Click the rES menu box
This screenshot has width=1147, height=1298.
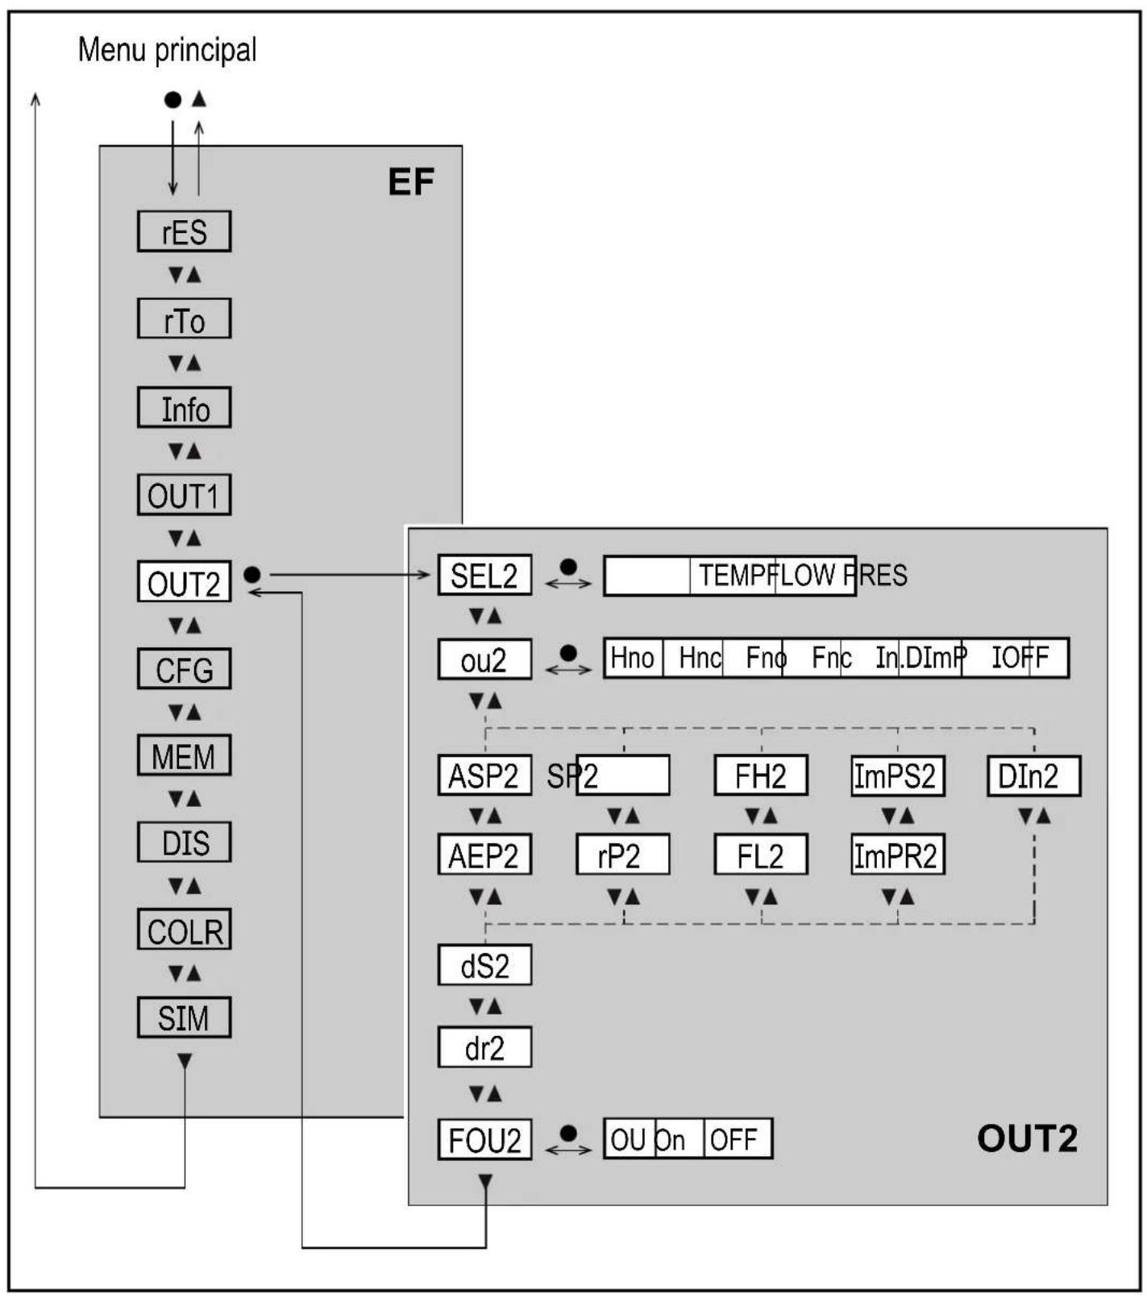(184, 231)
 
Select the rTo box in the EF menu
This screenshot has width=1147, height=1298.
(184, 319)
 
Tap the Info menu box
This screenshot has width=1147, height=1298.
(184, 408)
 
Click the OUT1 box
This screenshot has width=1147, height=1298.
(184, 495)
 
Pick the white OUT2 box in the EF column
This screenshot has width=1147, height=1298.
(184, 582)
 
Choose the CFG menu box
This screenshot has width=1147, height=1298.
(184, 669)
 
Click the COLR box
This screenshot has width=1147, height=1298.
(184, 930)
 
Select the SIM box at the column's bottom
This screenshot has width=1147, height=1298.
(184, 1017)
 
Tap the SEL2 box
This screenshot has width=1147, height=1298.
(484, 576)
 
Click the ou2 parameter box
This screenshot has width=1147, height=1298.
(484, 659)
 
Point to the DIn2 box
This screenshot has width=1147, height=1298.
(1033, 776)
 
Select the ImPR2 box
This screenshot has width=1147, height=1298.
(897, 855)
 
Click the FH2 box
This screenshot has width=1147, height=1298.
(761, 776)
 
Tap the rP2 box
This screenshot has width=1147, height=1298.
(622, 855)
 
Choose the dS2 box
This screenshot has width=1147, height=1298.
(484, 965)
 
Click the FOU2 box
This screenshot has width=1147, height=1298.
(484, 1139)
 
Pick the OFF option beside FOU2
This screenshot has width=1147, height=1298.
(734, 1139)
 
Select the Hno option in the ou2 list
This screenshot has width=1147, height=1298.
(633, 658)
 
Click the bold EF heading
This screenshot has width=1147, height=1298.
(411, 182)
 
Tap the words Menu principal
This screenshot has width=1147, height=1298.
(167, 50)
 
